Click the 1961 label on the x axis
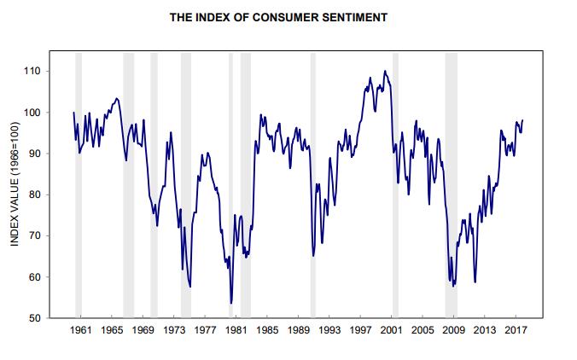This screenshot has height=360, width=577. coord(81,329)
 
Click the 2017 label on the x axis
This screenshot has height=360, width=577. coord(516,329)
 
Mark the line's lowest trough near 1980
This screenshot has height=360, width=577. coord(231,303)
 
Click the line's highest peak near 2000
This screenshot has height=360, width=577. coord(384,71)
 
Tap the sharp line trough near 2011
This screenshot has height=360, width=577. coord(475,282)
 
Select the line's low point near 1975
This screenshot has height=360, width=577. coord(189,287)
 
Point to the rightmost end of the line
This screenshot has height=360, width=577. coord(522,120)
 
